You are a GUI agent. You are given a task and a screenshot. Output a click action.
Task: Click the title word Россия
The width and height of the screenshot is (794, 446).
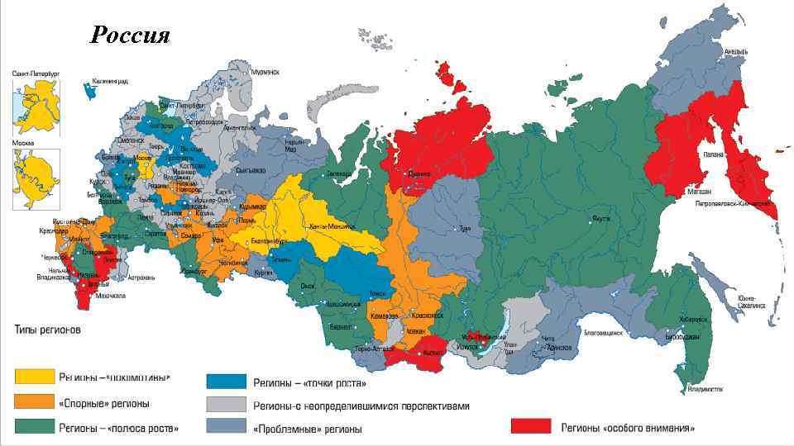coord(130,35)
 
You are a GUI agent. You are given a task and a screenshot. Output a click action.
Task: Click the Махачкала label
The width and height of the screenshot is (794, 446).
coord(109,296)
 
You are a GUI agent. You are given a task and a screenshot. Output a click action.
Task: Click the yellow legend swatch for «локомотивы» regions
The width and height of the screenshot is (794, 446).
coord(34,377)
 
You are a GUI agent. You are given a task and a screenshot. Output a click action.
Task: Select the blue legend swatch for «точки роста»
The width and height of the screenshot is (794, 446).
coord(227,382)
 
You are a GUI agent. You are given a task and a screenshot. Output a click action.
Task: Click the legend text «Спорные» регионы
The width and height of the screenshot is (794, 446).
coord(103,403)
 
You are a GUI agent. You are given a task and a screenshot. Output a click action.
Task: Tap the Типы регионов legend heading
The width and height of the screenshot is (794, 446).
coord(46,330)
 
